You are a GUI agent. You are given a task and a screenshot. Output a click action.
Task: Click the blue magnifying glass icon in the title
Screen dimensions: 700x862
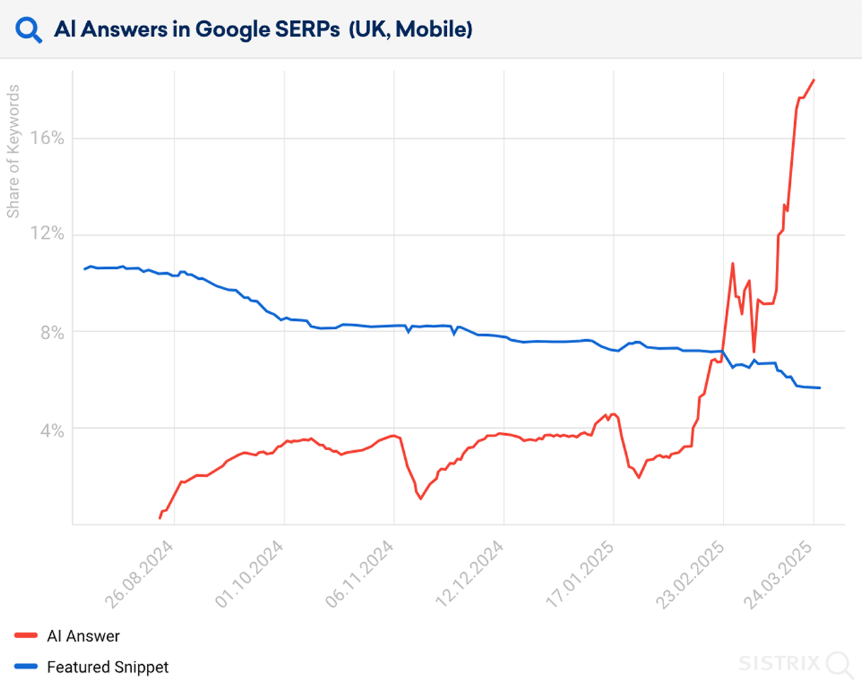coord(29,30)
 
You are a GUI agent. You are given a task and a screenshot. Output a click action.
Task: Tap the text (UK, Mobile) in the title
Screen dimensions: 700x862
coord(411,29)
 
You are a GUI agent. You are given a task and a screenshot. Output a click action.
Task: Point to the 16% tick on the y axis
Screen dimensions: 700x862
coord(47,138)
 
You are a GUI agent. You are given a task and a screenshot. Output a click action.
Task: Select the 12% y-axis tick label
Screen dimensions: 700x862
coord(47,234)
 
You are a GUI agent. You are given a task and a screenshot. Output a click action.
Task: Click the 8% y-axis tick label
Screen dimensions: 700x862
coord(52,333)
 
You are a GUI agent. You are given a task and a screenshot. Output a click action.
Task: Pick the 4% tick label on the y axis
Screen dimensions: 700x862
coord(52,431)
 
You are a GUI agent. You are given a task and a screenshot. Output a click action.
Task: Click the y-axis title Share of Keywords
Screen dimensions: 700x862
coord(13,151)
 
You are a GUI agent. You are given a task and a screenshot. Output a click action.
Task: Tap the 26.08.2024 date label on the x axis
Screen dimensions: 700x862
coord(139,575)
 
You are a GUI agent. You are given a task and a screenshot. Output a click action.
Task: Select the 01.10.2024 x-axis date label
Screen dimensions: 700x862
coord(249,575)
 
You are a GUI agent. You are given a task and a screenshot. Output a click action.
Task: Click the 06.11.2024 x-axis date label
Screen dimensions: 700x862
coord(359,575)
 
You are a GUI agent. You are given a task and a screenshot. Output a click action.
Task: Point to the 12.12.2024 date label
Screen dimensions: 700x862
coord(469,575)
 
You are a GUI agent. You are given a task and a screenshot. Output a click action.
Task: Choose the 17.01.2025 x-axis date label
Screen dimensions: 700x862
coord(579,575)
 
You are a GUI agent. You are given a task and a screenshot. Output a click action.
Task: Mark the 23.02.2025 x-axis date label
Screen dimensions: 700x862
coord(690,575)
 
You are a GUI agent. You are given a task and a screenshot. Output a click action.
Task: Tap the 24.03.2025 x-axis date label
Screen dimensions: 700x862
coord(778,575)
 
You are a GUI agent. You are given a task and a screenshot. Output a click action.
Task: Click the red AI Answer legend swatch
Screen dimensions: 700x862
coord(26,635)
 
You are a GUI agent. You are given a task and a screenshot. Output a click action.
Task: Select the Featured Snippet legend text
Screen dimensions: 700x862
coord(108,667)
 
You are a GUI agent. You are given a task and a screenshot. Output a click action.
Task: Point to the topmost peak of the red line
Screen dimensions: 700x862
coord(814,80)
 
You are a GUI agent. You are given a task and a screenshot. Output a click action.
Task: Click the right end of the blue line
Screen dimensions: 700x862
coord(820,388)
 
